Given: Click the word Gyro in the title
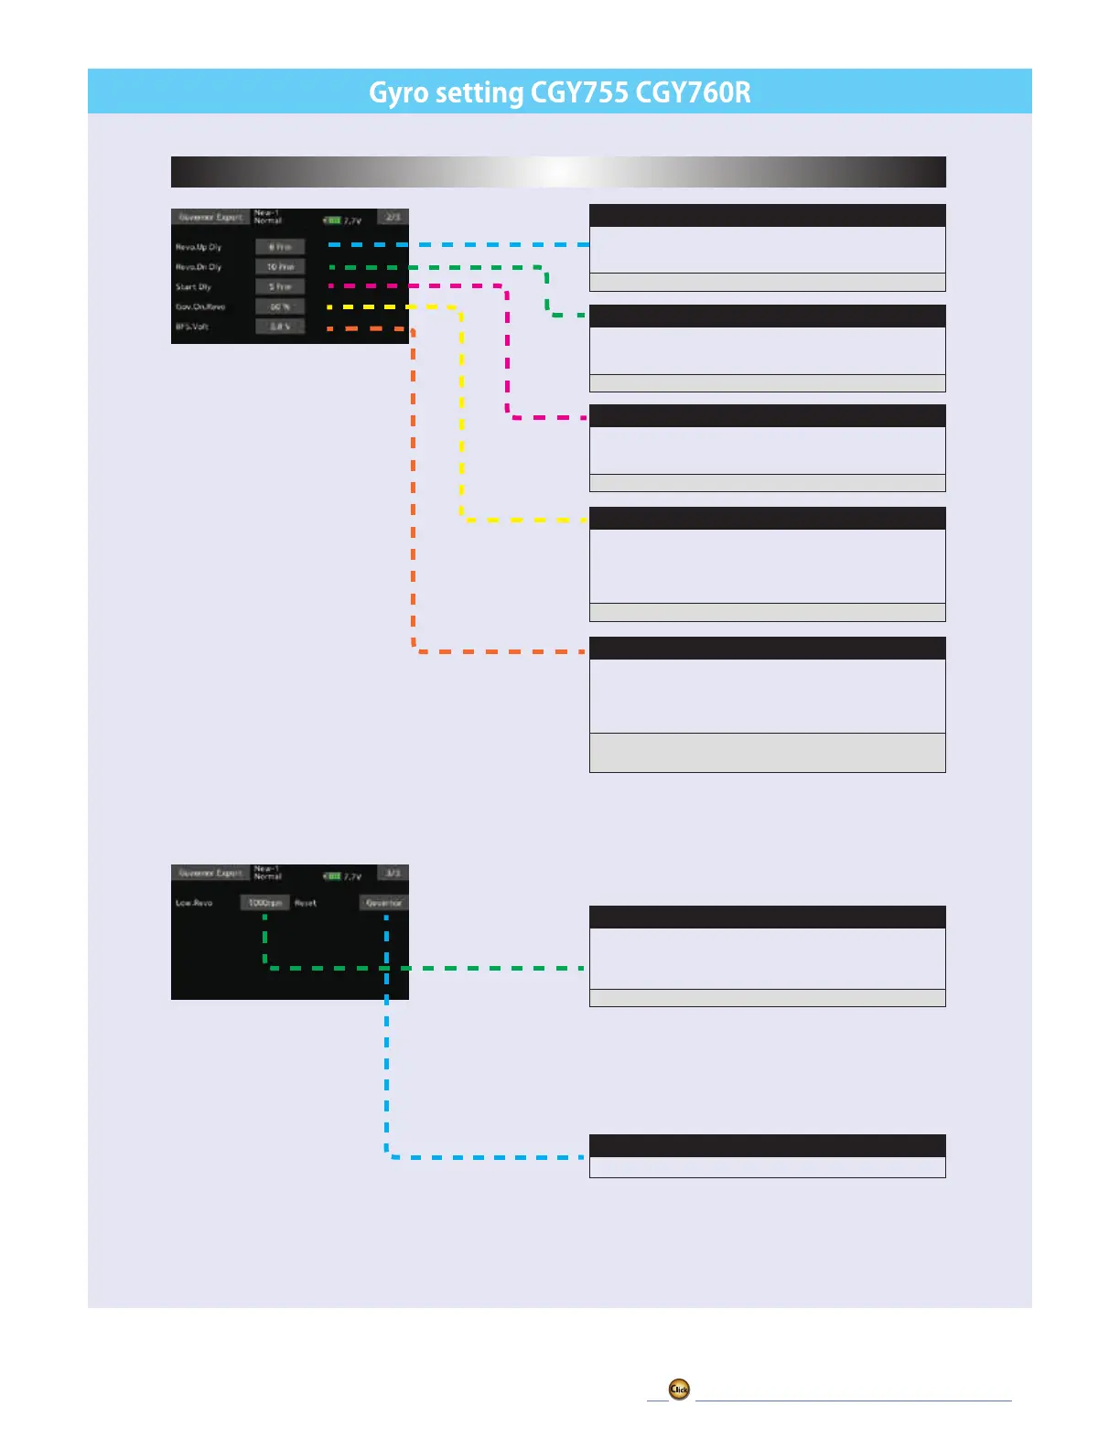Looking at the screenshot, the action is tap(398, 92).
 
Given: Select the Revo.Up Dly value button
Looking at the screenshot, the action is tap(280, 247).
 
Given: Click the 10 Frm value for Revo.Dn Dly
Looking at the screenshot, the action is tap(280, 267).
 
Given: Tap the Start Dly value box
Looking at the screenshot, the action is tap(280, 287).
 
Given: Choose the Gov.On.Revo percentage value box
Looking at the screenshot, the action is tap(280, 307).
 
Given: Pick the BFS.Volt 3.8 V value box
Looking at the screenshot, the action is tap(280, 327).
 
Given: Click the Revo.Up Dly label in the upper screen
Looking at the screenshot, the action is tap(199, 247).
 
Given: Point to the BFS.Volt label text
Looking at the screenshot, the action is tap(192, 327).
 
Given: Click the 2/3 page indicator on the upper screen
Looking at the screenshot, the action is tap(393, 218).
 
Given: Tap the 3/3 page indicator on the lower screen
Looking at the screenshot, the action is tap(393, 874).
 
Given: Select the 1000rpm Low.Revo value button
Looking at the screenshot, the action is tap(265, 903).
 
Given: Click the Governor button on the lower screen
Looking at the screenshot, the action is tap(383, 903).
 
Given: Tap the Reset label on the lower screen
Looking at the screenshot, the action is tap(306, 903).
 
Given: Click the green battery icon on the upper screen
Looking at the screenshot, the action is tap(332, 220).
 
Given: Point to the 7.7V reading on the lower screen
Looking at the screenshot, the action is tap(352, 876).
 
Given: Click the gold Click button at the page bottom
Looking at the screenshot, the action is tap(679, 1390).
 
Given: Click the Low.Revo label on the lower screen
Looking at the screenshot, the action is tap(194, 903).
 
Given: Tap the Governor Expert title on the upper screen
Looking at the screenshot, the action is tap(210, 218).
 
